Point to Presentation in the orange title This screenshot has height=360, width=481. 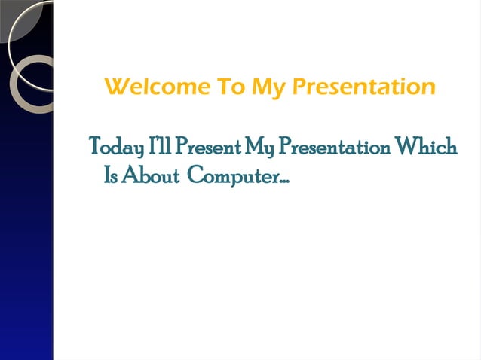click(363, 88)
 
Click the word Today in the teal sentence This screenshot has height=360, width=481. click(115, 147)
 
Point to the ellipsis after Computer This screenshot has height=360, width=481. click(286, 181)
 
